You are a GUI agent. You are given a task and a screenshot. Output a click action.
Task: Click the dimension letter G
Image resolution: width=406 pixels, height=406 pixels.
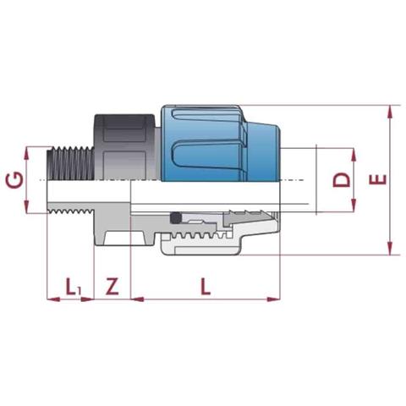click(x=15, y=180)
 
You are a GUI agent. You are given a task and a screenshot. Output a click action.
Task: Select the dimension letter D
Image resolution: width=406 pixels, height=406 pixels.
click(x=342, y=180)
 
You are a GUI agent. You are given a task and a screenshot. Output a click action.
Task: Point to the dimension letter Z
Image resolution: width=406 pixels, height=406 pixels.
click(x=112, y=286)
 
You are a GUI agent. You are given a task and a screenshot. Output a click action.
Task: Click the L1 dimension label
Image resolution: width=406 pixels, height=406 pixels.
click(x=74, y=287)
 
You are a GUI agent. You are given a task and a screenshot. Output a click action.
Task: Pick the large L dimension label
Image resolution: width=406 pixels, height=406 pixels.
click(x=206, y=286)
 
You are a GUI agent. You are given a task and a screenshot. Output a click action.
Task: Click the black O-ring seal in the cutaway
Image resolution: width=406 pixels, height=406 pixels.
click(x=175, y=218)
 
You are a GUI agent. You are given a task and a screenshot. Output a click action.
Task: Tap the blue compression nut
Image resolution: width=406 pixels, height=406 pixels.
click(x=221, y=143)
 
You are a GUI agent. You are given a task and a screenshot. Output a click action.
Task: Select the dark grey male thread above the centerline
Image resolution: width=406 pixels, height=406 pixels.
click(x=69, y=162)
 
